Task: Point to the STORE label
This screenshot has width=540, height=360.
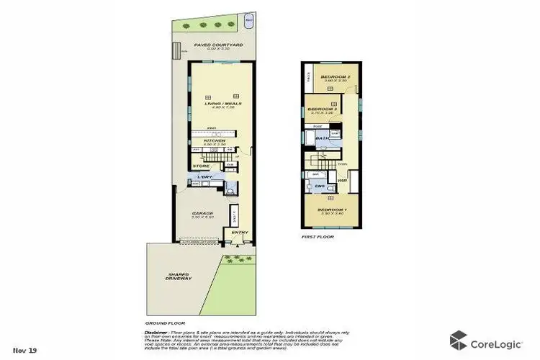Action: point(202,166)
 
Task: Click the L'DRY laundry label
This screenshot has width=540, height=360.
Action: point(206,177)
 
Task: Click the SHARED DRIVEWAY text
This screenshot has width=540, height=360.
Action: point(179,276)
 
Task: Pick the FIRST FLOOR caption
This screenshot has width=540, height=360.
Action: point(317,235)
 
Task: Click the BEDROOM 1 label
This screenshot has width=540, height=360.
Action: point(332,210)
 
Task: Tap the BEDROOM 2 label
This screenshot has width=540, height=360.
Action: point(335,77)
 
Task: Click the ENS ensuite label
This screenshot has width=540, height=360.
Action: point(320,186)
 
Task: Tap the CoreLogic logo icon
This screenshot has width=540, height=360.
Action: point(458,339)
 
